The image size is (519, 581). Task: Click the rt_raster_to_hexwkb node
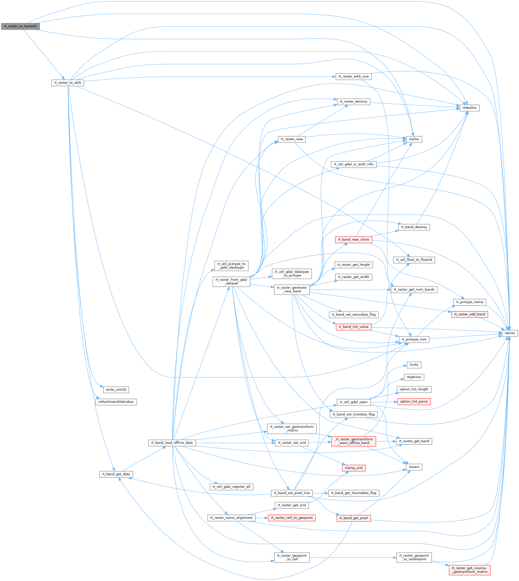[20, 26]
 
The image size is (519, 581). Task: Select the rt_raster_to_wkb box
[68, 83]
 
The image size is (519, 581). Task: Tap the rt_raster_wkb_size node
[354, 77]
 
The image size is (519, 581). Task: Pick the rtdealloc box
[470, 108]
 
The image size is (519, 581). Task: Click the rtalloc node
[414, 139]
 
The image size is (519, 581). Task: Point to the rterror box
[510, 333]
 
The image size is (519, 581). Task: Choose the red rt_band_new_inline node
[354, 240]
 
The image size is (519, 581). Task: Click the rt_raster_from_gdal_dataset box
[231, 281]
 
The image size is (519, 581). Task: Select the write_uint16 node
[116, 390]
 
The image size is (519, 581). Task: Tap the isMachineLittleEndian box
[116, 402]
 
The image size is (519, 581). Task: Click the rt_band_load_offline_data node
[172, 443]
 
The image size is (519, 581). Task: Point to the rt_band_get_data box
[116, 474]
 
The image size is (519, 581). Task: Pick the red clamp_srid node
[354, 468]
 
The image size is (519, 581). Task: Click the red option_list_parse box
[414, 401]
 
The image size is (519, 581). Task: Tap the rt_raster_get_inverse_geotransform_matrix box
[470, 570]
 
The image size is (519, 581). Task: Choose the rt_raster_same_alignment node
[231, 518]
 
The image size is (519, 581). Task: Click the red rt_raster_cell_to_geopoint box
[292, 518]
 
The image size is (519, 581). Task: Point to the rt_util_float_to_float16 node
[414, 260]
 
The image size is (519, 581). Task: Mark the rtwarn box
[414, 467]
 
